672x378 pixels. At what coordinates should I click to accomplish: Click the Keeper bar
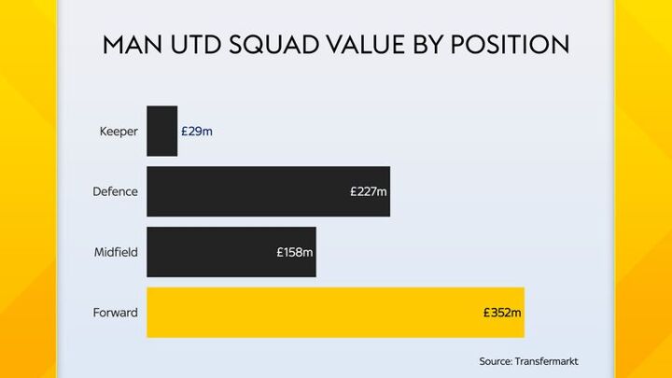[161, 131]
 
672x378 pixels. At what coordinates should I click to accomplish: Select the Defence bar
[252, 191]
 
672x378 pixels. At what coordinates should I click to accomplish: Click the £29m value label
[197, 131]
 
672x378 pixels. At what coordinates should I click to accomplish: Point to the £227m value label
[369, 191]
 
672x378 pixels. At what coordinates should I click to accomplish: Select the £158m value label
[295, 252]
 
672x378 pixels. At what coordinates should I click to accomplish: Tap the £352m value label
[503, 313]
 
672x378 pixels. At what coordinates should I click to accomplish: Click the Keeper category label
[119, 131]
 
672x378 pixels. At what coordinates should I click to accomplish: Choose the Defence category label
[115, 191]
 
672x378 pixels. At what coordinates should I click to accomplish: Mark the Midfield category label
[116, 252]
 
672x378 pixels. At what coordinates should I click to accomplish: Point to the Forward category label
[116, 313]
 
